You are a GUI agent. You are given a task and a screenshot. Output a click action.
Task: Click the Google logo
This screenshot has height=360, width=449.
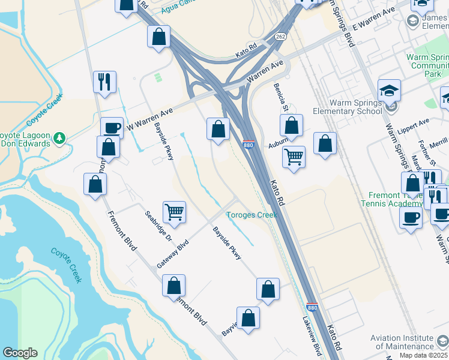coord(20,353)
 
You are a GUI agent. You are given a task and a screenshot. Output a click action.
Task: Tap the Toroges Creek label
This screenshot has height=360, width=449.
coord(252,215)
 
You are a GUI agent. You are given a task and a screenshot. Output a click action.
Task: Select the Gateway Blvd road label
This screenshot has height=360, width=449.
coord(173,254)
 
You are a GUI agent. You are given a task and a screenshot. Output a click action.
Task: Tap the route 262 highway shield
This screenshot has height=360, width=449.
coord(281,36)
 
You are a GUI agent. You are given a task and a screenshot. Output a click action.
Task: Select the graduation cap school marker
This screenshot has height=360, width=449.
coord(390,91)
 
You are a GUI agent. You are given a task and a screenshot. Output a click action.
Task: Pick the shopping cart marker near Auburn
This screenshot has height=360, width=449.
coord(294,157)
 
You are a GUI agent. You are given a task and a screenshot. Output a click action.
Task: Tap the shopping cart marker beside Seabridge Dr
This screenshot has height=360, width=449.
coord(174,211)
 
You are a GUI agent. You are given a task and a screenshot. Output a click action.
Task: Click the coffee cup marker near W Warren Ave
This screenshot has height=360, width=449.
coord(111,128)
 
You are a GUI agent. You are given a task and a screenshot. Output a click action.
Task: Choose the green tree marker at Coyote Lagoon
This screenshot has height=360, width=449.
coord(59,139)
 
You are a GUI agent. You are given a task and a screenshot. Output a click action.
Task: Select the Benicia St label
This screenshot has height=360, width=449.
coord(280,97)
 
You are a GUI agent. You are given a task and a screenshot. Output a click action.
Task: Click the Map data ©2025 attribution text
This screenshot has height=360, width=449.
coord(423,355)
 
